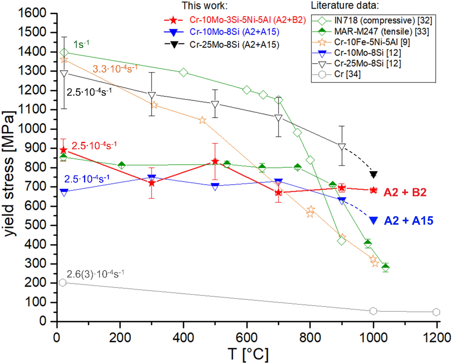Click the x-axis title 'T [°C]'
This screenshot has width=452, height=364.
[248, 354]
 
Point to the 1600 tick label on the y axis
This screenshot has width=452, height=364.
[32, 13]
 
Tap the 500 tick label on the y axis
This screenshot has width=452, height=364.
[35, 225]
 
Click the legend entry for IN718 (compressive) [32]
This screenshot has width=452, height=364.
[383, 21]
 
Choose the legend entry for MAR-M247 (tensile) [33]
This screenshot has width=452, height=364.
[381, 31]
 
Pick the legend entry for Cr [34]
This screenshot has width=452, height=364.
[347, 74]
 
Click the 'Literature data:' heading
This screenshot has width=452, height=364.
[345, 5]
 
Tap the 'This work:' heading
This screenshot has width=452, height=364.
[204, 5]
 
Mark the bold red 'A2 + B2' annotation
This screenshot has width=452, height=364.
[405, 192]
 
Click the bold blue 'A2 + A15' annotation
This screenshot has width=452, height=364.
[408, 221]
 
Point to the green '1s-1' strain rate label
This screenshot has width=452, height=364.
[81, 44]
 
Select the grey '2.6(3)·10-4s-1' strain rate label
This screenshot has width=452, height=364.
[95, 274]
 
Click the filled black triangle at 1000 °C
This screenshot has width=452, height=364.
[374, 174]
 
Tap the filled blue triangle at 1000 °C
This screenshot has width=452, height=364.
[374, 220]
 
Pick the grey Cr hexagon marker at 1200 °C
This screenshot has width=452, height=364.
[436, 312]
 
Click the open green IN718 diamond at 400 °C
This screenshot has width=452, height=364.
[183, 72]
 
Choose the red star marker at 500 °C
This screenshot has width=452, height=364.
[215, 161]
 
